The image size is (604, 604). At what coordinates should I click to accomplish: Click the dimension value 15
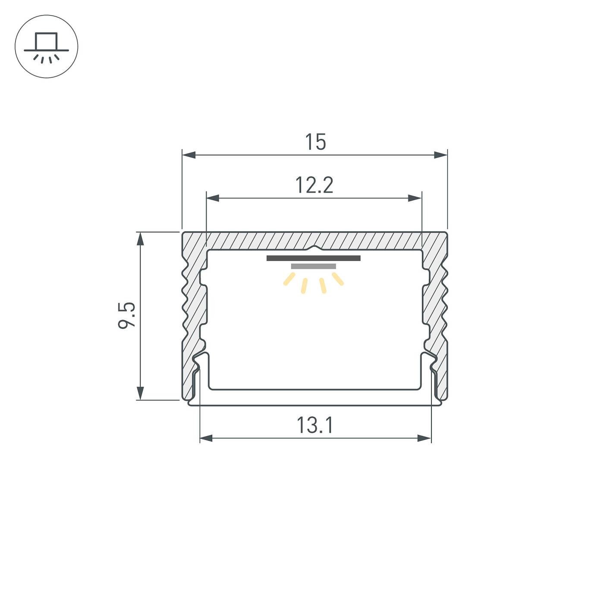pos(315,142)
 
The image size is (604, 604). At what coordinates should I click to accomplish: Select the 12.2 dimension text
pos(314,186)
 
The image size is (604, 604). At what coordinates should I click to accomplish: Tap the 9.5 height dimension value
pos(127,315)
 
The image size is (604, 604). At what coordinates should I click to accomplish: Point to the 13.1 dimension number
pos(315,425)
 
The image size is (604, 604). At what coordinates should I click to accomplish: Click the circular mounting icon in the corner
pos(47,47)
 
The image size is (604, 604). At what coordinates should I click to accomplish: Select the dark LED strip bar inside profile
pos(314,258)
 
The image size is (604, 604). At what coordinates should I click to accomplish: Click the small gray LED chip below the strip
pos(314,266)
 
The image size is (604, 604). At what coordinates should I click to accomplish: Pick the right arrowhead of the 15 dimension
pos(440,155)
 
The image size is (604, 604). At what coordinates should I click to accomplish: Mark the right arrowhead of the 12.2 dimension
pos(415,198)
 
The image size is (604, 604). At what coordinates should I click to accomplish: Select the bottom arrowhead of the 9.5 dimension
pos(140,393)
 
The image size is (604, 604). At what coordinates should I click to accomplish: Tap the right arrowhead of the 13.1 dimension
pos(425,438)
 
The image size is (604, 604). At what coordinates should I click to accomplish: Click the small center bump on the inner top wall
pos(315,248)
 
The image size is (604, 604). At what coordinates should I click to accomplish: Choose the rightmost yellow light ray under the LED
pos(338,279)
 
